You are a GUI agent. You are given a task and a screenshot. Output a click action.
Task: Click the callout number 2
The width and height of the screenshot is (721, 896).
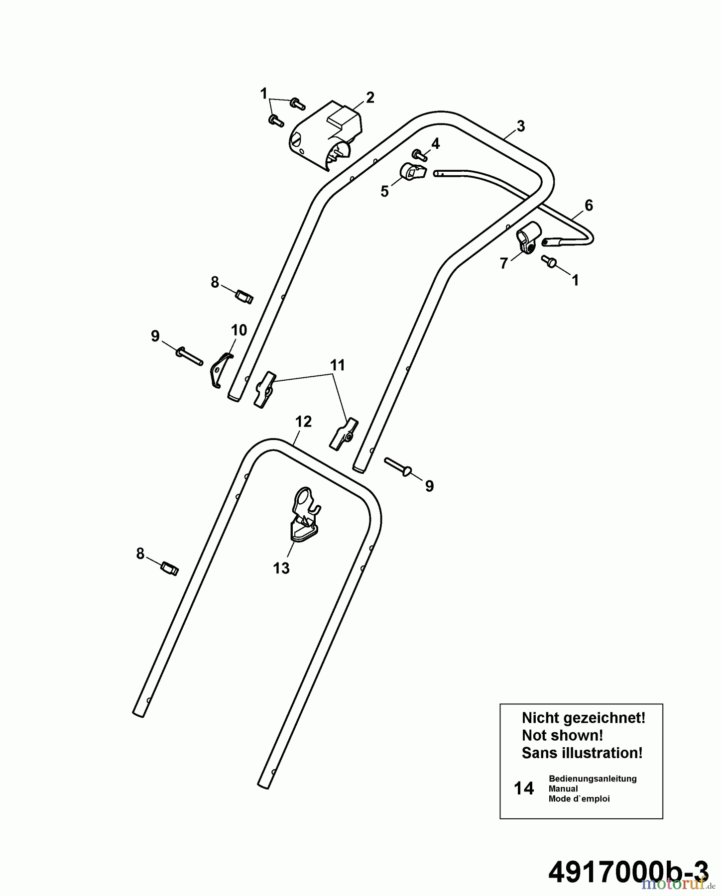[369, 98]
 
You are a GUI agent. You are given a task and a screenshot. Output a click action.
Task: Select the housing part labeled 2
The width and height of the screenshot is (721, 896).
[324, 137]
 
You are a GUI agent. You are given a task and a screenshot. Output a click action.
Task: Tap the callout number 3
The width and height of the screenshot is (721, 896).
[520, 126]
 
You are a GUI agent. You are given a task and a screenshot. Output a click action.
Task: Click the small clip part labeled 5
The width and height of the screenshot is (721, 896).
[412, 172]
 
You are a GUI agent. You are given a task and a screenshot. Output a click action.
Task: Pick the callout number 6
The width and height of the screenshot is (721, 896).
[589, 205]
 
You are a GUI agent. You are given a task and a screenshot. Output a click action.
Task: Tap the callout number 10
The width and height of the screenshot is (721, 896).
[239, 330]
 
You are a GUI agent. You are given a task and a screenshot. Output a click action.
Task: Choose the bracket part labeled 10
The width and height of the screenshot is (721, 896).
[220, 369]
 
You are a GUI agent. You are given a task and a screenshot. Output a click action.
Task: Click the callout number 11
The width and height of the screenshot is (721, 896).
[337, 365]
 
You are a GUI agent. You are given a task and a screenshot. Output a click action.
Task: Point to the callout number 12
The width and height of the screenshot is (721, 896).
[303, 422]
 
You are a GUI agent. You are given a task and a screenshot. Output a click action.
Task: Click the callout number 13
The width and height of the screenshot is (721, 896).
[281, 568]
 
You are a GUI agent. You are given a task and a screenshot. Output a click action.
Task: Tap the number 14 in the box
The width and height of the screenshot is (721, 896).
[523, 788]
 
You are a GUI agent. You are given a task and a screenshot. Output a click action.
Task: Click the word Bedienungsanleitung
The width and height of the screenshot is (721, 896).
[593, 779]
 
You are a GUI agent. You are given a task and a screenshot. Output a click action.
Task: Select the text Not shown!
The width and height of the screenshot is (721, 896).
[562, 735]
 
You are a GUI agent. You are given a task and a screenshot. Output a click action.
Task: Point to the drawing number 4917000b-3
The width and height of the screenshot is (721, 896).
[628, 871]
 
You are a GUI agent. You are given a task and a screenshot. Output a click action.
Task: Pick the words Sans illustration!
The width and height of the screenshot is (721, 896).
[582, 753]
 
